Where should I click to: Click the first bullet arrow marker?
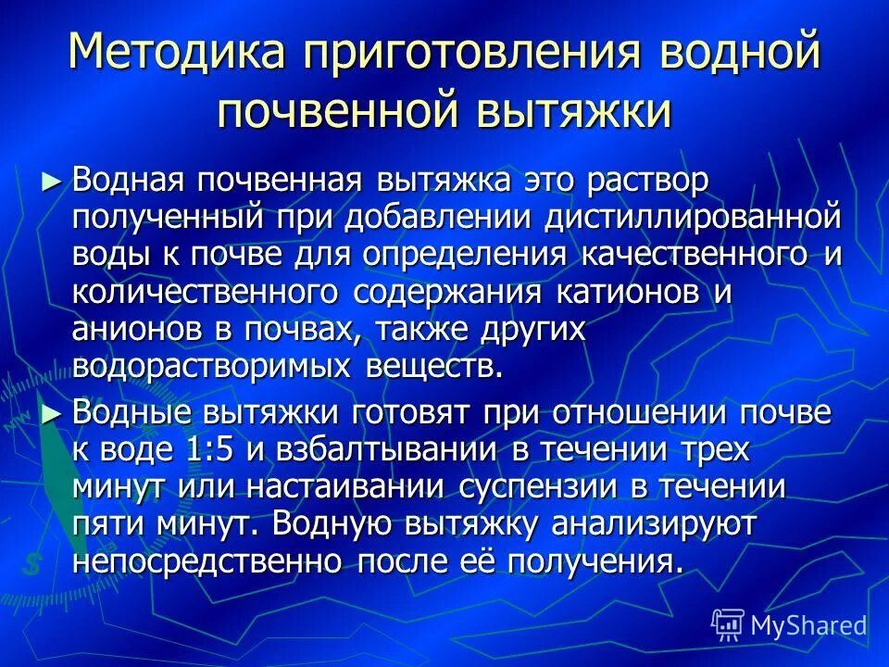click(x=55, y=181)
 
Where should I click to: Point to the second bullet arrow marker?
click(x=55, y=414)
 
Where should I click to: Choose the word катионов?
click(x=625, y=291)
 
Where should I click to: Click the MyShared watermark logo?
click(x=789, y=624)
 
